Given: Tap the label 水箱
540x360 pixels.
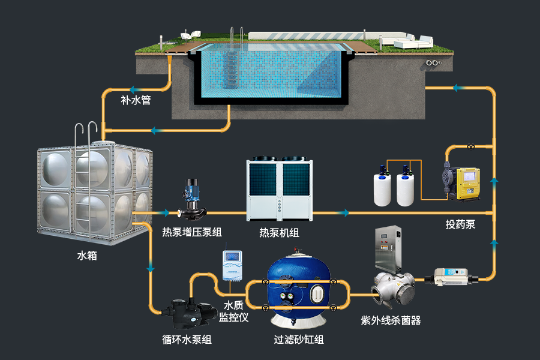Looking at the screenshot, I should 87,256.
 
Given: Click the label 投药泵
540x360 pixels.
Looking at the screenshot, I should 460,224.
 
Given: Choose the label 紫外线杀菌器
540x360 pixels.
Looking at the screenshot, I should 391,320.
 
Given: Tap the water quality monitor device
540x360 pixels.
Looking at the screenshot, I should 232,264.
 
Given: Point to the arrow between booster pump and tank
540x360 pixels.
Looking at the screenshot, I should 163,212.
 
